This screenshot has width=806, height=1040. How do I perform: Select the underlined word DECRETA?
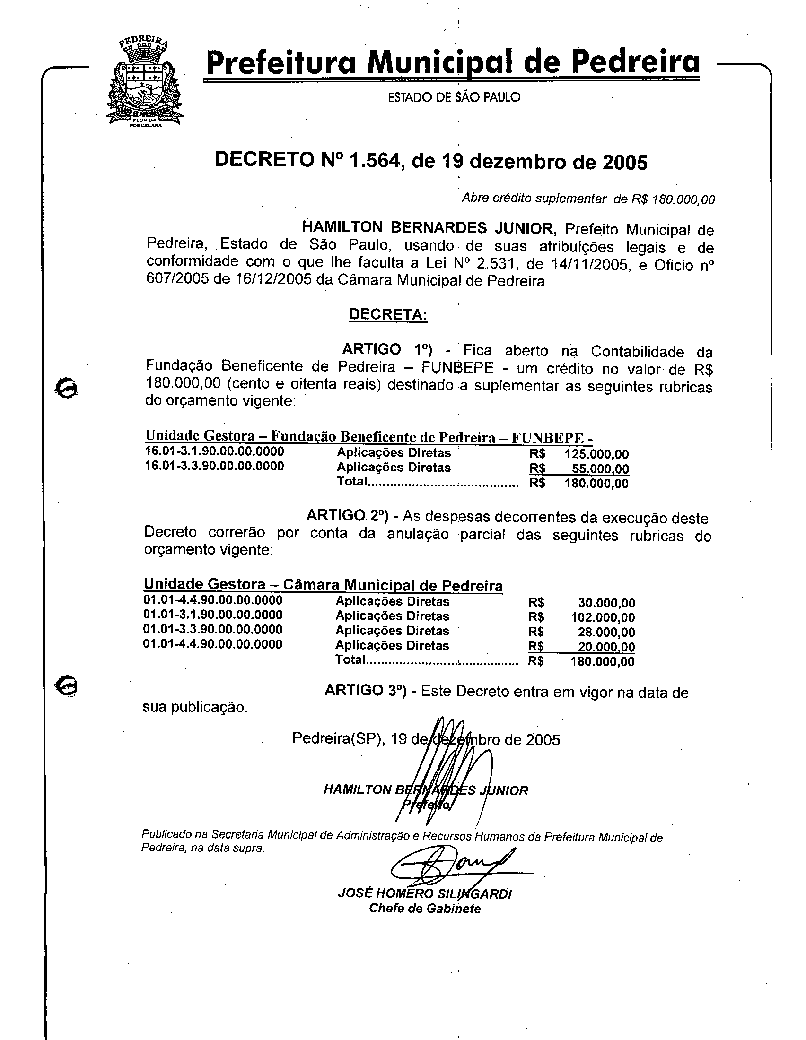coord(388,315)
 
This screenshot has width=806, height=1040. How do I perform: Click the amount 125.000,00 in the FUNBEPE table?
coord(596,454)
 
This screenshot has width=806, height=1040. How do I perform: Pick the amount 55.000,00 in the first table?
coord(600,468)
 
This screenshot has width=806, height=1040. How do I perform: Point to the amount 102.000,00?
coord(603,618)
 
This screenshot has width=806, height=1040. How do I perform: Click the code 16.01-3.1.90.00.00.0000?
coord(214,451)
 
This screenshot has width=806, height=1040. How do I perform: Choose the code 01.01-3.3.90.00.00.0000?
coord(213,630)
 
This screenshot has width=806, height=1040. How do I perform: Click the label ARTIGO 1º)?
coord(387,349)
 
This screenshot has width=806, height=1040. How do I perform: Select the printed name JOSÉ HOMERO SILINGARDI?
coord(424,893)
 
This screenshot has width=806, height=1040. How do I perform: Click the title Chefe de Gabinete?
coord(424,909)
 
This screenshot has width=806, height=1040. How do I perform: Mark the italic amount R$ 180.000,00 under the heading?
coord(673,199)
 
